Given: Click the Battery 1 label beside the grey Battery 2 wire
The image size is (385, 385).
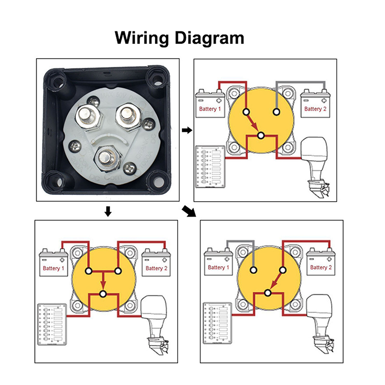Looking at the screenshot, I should (x=210, y=109).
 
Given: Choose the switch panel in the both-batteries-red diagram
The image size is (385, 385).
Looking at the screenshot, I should (x=51, y=324).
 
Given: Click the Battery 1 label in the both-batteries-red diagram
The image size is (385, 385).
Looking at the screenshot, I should (x=53, y=268).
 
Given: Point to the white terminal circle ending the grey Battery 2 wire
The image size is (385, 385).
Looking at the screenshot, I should (x=276, y=112).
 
